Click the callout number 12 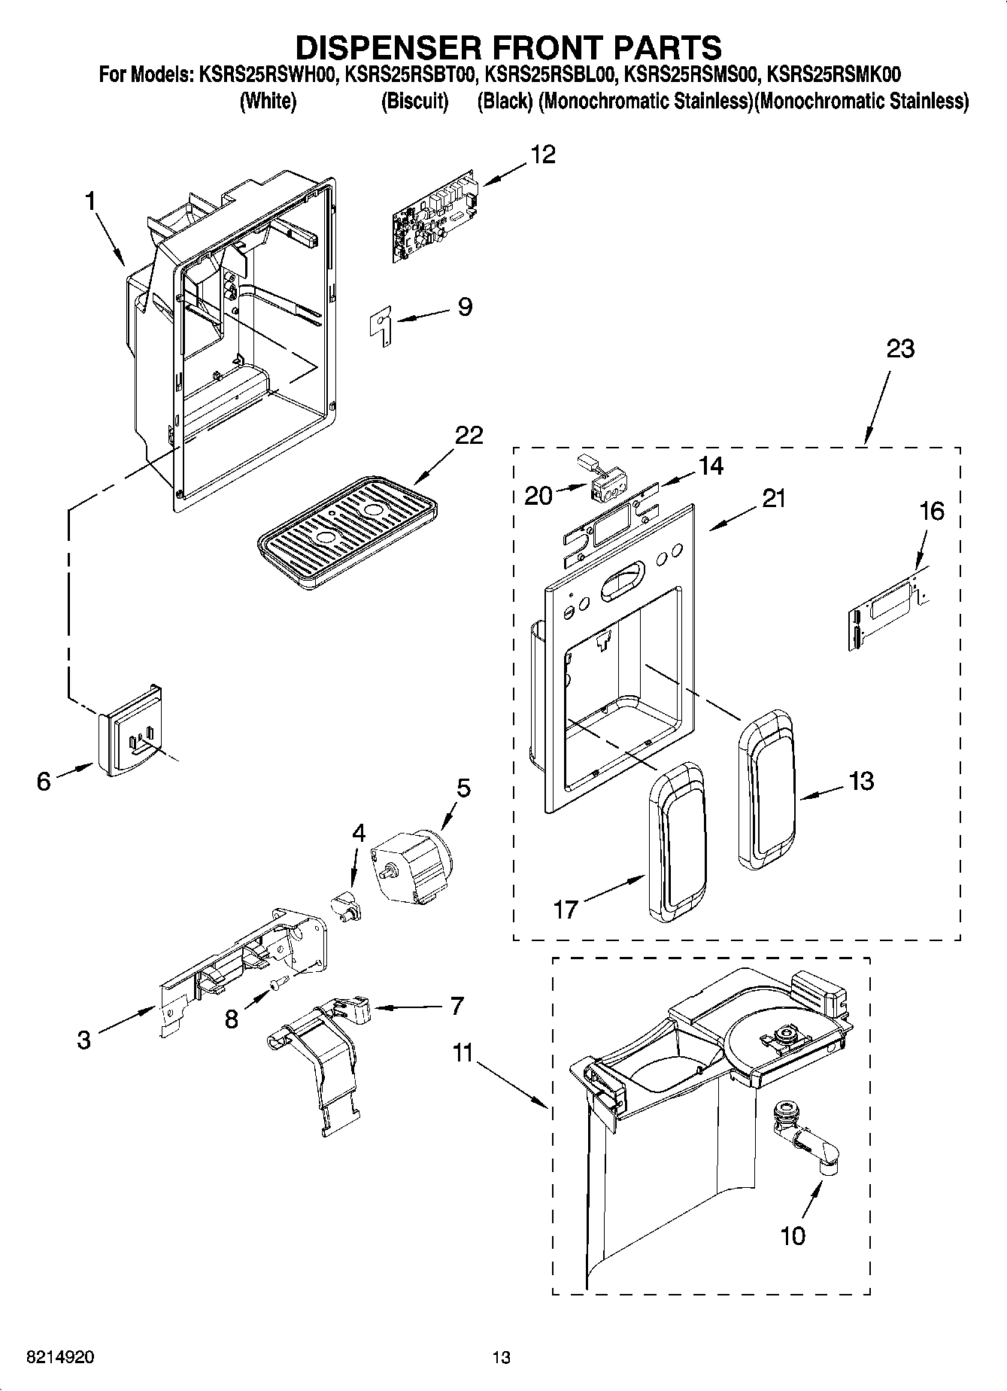[542, 154]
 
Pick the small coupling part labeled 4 [347, 903]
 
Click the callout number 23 [899, 349]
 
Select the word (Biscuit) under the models [414, 101]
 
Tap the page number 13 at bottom [502, 1358]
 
